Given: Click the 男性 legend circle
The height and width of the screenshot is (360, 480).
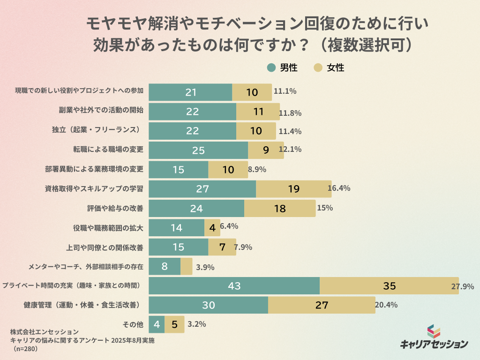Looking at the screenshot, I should (271, 67).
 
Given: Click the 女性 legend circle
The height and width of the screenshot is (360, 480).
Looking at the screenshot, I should (318, 67).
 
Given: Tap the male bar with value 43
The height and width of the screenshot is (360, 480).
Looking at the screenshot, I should (234, 286).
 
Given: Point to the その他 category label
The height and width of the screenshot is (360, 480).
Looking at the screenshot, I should (134, 324).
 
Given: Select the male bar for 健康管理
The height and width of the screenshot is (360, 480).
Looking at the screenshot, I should (208, 305).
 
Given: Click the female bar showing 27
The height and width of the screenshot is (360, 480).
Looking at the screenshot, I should (322, 305).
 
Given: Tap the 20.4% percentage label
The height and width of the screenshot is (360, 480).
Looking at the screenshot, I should (386, 305).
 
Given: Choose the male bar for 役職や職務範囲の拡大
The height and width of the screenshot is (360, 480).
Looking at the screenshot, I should (176, 228).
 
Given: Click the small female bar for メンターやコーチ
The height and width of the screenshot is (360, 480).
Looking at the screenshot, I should (186, 267).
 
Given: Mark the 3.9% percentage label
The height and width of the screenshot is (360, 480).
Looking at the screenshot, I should (205, 267).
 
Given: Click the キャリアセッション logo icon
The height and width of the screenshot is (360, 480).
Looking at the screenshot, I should (434, 331).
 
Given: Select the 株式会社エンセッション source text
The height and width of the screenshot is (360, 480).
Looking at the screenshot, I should (45, 332).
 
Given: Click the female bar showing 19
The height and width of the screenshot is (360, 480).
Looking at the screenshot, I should (293, 189).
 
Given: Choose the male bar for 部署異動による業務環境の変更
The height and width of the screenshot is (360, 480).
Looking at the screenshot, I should (178, 170).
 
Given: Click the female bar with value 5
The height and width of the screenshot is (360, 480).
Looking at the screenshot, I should (174, 324).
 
